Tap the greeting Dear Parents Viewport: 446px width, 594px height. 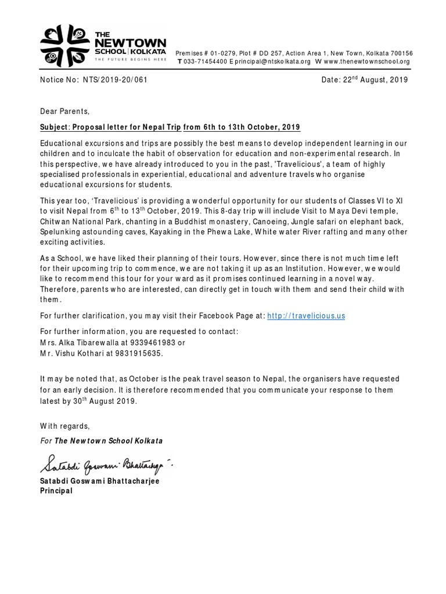65,111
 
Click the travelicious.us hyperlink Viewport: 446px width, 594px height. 306,316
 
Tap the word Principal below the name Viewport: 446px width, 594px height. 56,491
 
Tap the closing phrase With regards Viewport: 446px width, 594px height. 65,425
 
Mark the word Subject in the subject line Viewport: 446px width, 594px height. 56,127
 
